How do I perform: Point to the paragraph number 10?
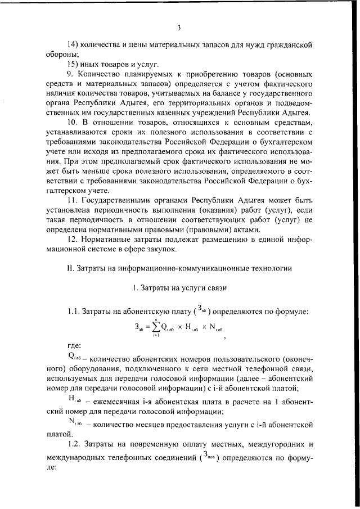(x=72, y=122)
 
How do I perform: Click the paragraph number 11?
(x=71, y=200)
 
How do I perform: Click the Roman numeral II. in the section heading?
(x=70, y=267)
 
